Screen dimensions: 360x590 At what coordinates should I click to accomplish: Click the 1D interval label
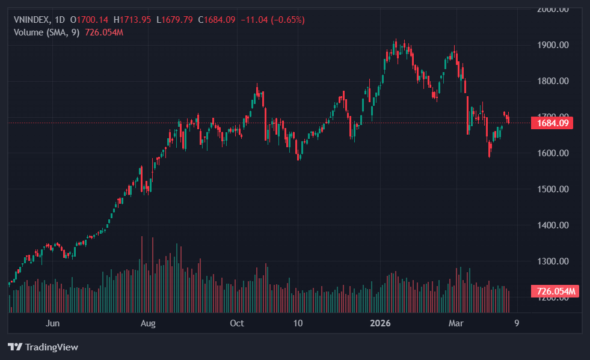click(60, 20)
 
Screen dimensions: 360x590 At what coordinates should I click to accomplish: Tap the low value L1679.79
click(174, 20)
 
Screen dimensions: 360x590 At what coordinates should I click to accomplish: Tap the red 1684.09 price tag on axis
click(552, 123)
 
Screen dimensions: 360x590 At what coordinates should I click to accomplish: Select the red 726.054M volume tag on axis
click(555, 292)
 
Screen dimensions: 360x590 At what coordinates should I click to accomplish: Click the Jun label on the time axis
click(53, 323)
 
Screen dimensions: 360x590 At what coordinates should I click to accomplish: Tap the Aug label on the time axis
click(148, 323)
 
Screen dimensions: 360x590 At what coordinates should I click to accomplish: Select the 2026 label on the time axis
click(381, 323)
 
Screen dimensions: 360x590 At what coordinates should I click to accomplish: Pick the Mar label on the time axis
click(456, 323)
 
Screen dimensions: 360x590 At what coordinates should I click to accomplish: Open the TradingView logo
click(43, 347)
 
